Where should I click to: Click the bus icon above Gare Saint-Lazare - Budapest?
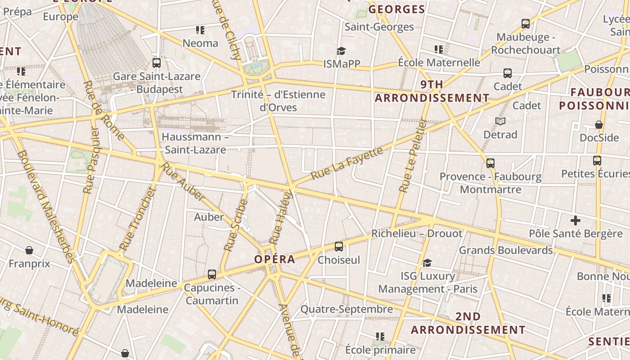click(157, 63)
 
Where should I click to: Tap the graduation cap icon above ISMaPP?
click(342, 50)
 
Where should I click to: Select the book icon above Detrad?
click(500, 121)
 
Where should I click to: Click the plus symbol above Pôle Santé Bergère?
click(575, 220)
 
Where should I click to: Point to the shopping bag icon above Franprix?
click(29, 250)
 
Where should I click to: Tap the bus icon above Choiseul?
click(339, 246)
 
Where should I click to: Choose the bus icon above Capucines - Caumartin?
click(211, 274)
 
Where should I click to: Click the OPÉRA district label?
click(274, 259)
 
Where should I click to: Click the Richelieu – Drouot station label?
click(416, 234)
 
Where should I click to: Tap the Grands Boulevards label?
click(505, 250)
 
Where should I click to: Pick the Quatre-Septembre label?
click(346, 309)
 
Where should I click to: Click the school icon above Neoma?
click(200, 30)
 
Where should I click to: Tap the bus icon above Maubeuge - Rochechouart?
click(525, 23)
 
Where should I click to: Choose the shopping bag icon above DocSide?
click(599, 124)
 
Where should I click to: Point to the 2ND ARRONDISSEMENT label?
click(468, 323)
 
